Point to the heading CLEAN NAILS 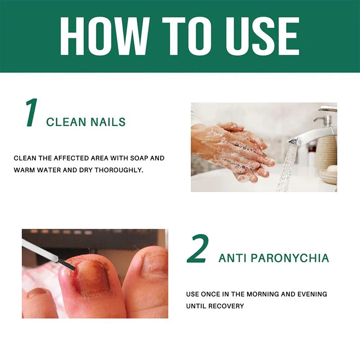pos(86,121)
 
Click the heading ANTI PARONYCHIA pos(274,258)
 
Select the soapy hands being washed pos(234,148)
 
